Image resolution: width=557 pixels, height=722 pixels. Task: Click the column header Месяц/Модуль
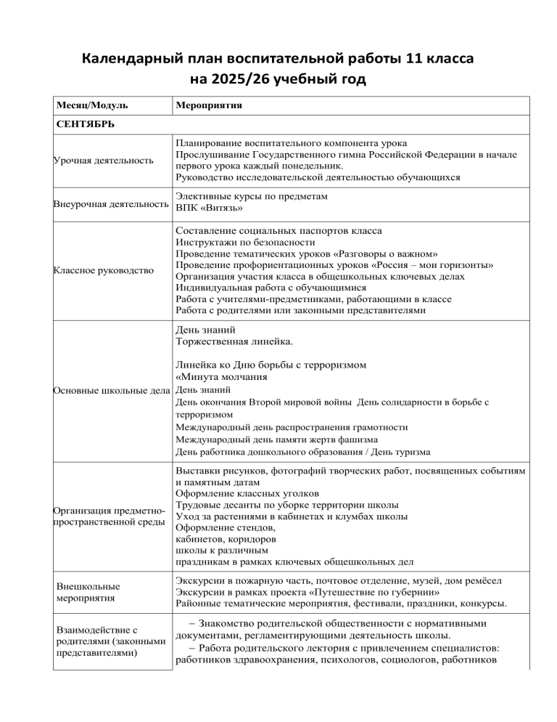[x=91, y=106]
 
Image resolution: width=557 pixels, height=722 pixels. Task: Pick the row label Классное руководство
[x=104, y=271]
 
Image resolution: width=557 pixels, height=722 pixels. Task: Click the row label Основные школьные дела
[x=111, y=391]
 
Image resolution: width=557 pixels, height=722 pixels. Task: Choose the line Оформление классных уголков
[x=241, y=492]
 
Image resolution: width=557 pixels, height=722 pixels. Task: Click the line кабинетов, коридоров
[x=225, y=539]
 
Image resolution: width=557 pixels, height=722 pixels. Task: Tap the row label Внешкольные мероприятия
[x=88, y=593]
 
